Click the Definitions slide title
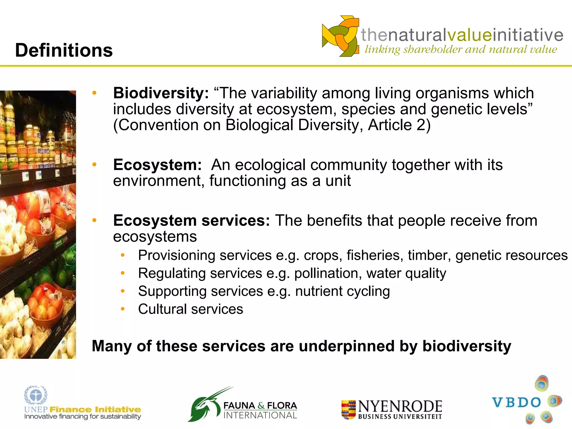point(64,50)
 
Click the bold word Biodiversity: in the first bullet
point(161,93)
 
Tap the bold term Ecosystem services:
point(191,221)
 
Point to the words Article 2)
point(399,125)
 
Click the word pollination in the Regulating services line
point(326,273)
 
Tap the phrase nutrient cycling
point(342,291)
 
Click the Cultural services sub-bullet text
point(190,309)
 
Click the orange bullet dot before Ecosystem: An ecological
point(94,165)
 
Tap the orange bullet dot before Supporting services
point(123,291)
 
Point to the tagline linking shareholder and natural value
point(461,49)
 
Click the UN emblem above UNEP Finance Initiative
point(35,395)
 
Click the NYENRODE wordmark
point(400,406)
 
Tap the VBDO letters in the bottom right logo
point(516,403)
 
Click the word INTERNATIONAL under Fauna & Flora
point(260,415)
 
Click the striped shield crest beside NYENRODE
point(348,410)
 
